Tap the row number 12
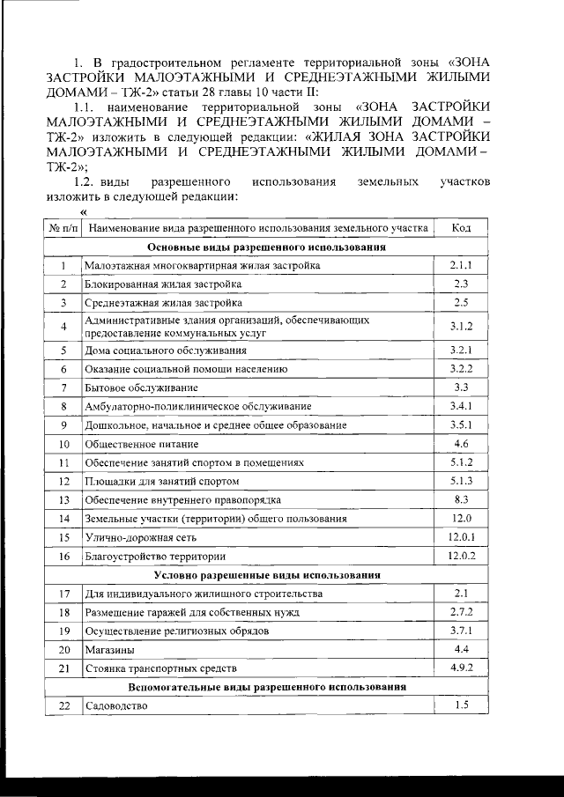[x=63, y=482]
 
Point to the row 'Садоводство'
[x=116, y=706]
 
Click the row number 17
[x=63, y=594]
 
